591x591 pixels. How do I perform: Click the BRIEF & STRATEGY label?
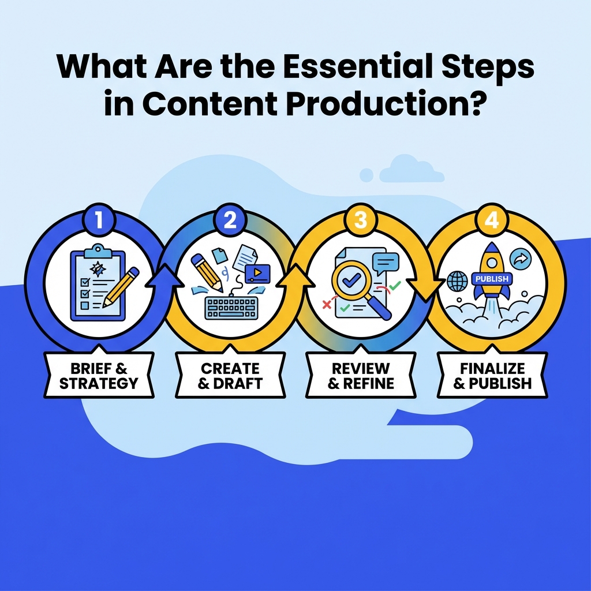pyautogui.click(x=99, y=376)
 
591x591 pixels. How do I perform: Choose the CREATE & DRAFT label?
pyautogui.click(x=230, y=376)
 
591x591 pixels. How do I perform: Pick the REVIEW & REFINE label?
pyautogui.click(x=361, y=376)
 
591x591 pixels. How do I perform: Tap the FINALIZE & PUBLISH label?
pyautogui.click(x=492, y=376)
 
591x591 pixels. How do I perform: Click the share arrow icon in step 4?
pyautogui.click(x=521, y=257)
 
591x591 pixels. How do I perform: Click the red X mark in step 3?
pyautogui.click(x=327, y=304)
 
